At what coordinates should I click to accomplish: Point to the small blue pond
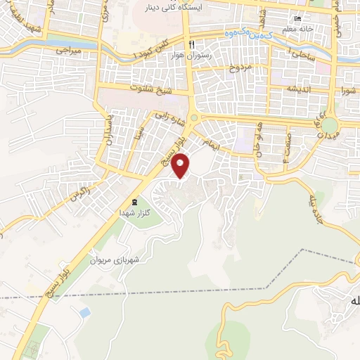pos(85,310)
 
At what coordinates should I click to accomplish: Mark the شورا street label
pos(349,89)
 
